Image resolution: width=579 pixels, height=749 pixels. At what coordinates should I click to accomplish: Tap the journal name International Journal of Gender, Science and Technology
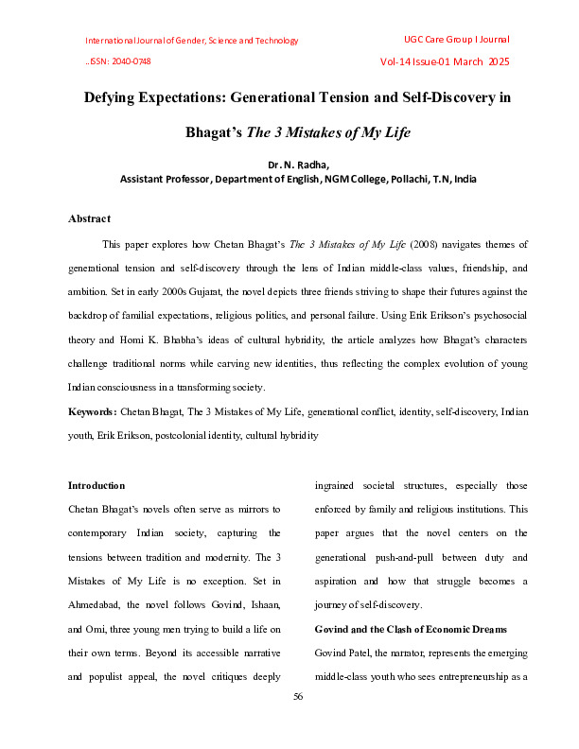click(x=191, y=41)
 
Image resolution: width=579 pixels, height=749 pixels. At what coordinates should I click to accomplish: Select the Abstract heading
click(x=89, y=218)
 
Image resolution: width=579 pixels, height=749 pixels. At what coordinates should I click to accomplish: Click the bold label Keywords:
click(x=92, y=412)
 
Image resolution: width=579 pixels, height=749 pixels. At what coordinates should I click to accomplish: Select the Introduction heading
click(x=96, y=485)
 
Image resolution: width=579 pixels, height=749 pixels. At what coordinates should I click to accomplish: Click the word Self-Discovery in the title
click(x=433, y=97)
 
